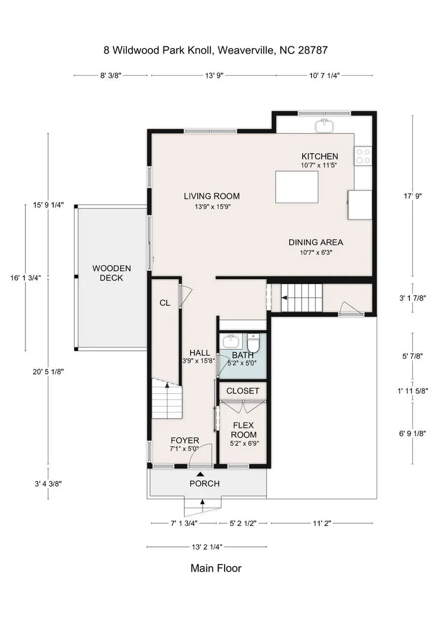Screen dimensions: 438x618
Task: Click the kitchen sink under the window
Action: pos(324,125)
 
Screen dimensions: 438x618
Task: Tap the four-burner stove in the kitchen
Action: pos(363,155)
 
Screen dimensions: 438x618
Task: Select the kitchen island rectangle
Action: pos(297,187)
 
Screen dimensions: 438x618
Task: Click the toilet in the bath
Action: pos(253,343)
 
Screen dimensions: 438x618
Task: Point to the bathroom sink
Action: pos(229,341)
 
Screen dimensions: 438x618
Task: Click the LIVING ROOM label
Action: pos(212,196)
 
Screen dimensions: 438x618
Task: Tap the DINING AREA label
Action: pos(315,242)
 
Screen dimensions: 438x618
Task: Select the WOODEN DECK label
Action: pos(111,273)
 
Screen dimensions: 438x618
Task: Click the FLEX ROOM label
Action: pos(244,430)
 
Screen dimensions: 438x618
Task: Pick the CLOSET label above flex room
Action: pos(243,391)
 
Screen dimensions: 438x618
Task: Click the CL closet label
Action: pos(165,303)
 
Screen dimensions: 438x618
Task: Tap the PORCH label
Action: pos(204,483)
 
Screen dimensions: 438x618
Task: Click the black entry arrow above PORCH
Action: pos(201,474)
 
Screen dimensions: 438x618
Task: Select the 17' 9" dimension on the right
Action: pos(413,196)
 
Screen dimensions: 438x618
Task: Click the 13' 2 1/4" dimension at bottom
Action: pos(207,546)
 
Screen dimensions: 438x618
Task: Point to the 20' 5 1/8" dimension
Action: pos(48,371)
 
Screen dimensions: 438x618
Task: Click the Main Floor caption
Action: pos(216,568)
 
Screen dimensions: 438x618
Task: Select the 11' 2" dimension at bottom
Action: pos(322,524)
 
